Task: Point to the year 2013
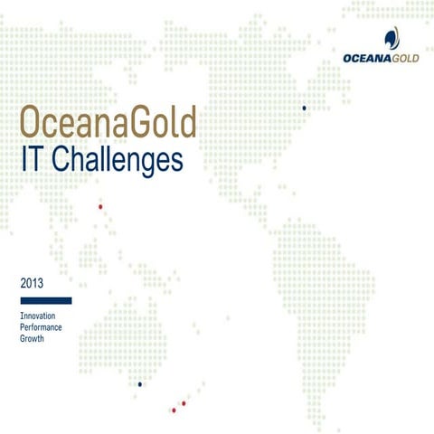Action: (32, 285)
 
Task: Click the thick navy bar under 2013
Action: (45, 300)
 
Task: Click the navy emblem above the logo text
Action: (391, 39)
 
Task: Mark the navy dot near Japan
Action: (305, 108)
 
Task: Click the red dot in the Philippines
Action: (100, 207)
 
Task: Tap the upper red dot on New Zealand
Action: (184, 403)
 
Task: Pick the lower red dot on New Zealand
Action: (173, 410)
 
